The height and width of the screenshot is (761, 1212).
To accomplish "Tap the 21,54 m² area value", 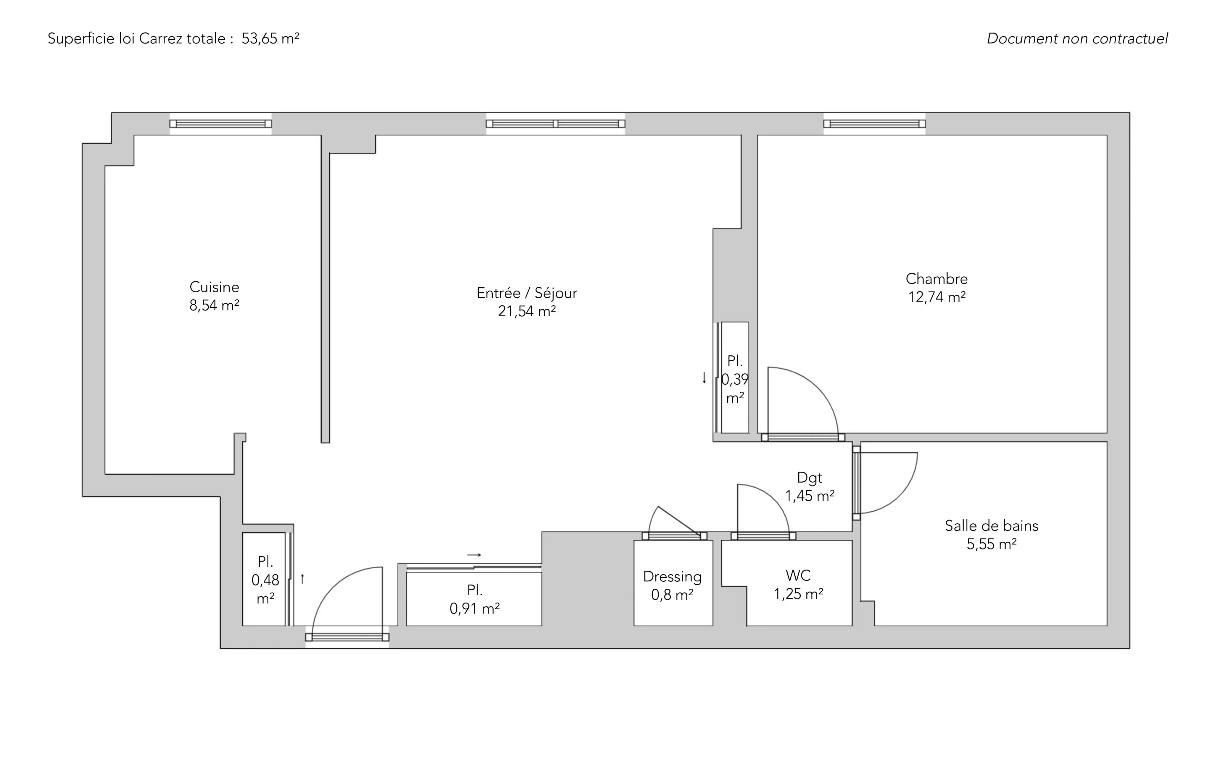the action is (x=527, y=312).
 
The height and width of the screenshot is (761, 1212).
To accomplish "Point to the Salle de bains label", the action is (x=992, y=526).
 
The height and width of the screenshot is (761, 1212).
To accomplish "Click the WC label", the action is (x=798, y=575).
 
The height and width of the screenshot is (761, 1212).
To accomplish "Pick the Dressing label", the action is (x=673, y=577).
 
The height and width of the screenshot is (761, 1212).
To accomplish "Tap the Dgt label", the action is (x=810, y=478).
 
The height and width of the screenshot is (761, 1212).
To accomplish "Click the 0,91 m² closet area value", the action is (x=475, y=609).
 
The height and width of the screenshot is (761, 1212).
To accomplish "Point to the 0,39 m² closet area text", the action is (x=735, y=388).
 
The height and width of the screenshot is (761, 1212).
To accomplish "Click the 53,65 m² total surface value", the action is (x=270, y=39).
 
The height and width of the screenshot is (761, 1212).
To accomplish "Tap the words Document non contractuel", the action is (x=1077, y=39).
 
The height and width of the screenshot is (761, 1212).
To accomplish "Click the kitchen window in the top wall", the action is (x=220, y=124).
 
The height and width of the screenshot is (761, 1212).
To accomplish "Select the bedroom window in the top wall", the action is (x=874, y=124).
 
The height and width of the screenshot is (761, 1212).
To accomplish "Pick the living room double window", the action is (x=556, y=124).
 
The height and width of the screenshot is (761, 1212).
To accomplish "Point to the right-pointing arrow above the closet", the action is (x=474, y=555).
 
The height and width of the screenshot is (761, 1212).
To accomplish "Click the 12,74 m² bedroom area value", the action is (x=937, y=297).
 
